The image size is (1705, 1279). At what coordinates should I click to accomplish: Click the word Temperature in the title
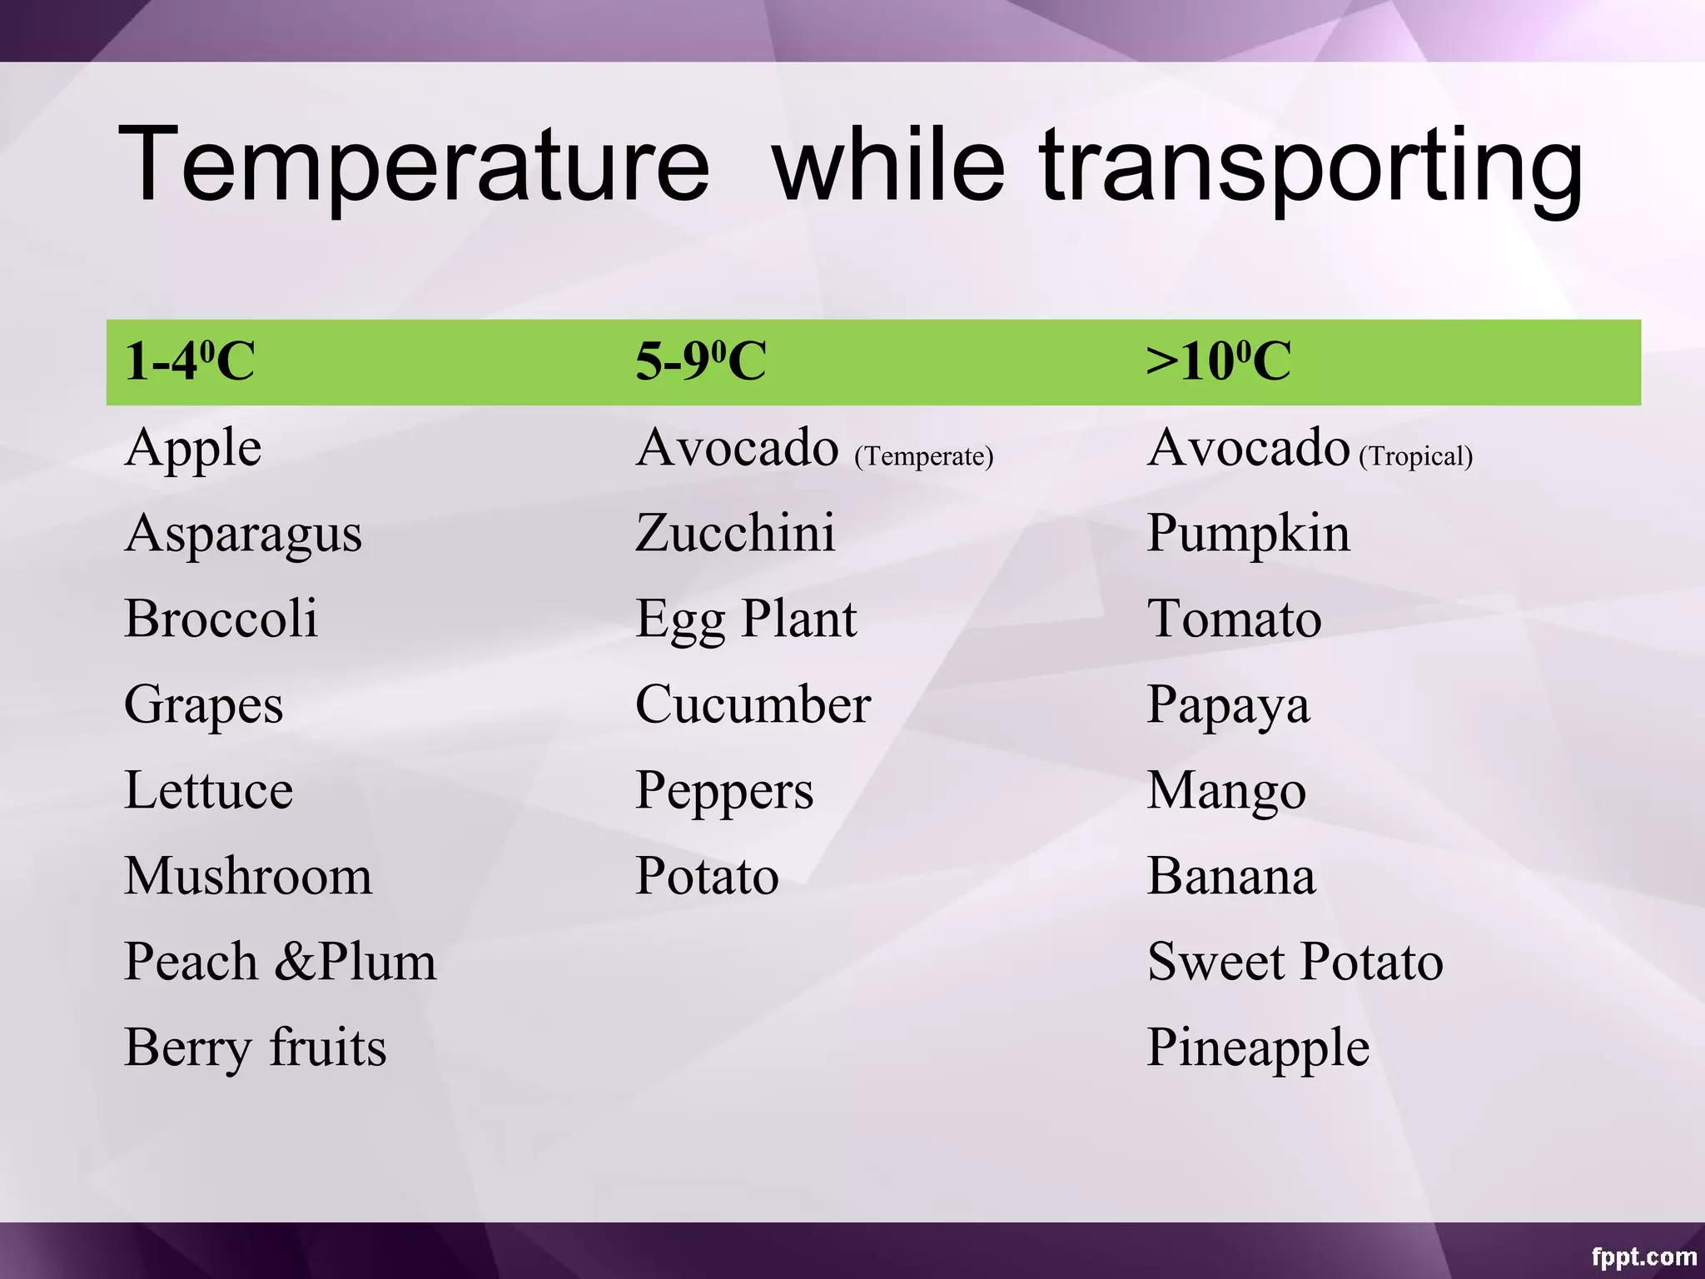414,164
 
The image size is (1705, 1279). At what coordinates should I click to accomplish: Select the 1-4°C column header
190,361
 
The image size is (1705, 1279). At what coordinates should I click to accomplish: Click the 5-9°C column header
700,361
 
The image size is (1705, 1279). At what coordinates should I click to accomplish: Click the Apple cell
193,450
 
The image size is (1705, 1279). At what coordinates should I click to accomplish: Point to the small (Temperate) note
924,456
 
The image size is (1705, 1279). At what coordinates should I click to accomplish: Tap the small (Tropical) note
1416,456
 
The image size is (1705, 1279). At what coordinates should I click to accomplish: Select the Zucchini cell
735,533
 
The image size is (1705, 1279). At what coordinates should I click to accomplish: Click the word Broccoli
221,619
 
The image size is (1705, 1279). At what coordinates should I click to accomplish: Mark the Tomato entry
1234,620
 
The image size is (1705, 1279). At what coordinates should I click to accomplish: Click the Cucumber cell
753,704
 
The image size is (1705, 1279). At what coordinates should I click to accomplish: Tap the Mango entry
1226,792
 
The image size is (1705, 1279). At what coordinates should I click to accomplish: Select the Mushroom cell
248,876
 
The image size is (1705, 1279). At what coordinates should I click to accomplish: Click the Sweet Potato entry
1295,962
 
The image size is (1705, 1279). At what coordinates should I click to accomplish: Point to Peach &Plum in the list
280,962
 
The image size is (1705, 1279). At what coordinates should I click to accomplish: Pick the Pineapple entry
1258,1048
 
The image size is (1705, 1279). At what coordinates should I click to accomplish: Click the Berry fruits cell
255,1048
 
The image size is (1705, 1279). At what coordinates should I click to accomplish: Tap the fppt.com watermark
1643,1257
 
